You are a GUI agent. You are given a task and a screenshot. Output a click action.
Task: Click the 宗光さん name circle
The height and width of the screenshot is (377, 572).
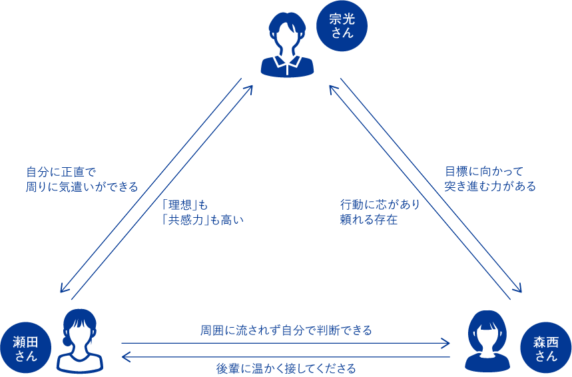point(342,25)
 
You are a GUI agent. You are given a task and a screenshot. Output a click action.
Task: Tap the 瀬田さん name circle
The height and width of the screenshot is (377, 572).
point(25,348)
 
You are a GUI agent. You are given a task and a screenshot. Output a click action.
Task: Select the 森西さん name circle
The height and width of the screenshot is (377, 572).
point(546,348)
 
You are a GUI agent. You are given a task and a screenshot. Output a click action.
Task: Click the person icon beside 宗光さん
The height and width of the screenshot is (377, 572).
point(288,45)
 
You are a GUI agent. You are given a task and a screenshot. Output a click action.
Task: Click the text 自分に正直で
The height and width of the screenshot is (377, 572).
point(61,172)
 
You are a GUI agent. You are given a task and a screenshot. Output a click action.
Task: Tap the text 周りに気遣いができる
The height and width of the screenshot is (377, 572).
point(82,187)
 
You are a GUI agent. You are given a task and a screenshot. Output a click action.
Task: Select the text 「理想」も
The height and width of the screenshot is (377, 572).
point(185,204)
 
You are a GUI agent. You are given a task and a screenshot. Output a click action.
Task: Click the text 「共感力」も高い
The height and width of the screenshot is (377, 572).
point(203,220)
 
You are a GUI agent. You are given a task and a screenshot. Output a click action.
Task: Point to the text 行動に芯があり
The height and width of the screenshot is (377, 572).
point(380,204)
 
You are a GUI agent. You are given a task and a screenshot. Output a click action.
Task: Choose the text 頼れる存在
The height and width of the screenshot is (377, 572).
point(369,219)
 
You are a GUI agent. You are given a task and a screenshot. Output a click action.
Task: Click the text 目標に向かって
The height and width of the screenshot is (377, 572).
point(485,171)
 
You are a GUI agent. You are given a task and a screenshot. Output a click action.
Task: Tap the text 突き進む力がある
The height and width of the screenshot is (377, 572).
point(490,186)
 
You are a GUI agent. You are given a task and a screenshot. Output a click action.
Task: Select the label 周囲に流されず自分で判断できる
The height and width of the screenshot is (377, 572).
point(286,330)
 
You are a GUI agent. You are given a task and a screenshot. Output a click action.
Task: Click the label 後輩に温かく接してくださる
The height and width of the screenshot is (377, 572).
point(286,368)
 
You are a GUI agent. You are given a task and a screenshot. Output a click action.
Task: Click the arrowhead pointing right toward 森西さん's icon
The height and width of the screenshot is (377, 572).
point(445,344)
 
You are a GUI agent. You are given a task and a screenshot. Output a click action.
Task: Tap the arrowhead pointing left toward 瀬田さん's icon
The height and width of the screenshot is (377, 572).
point(127,356)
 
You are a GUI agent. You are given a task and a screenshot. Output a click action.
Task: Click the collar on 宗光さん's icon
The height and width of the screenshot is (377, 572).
point(288,62)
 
